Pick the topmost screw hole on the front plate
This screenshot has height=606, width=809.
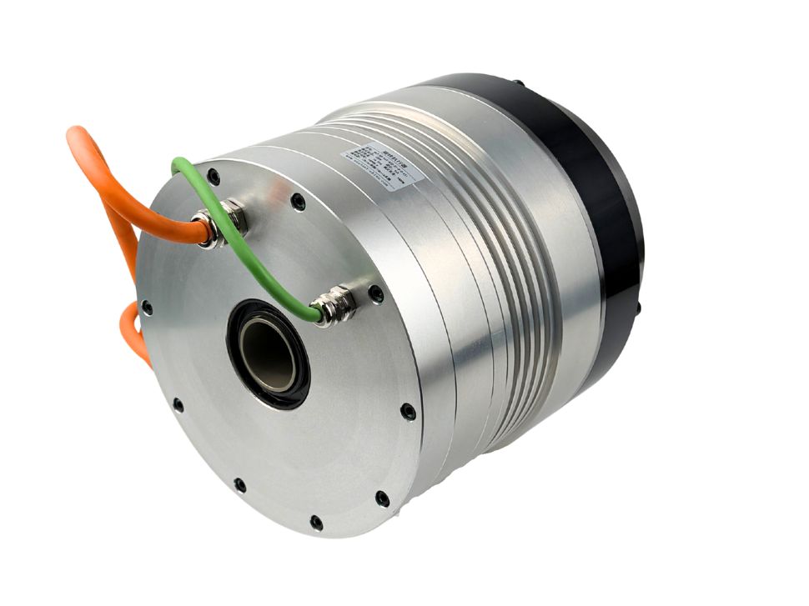coord(214,177)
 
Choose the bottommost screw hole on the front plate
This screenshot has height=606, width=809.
coord(316,523)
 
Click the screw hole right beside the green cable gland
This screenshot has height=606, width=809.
coord(376,293)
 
